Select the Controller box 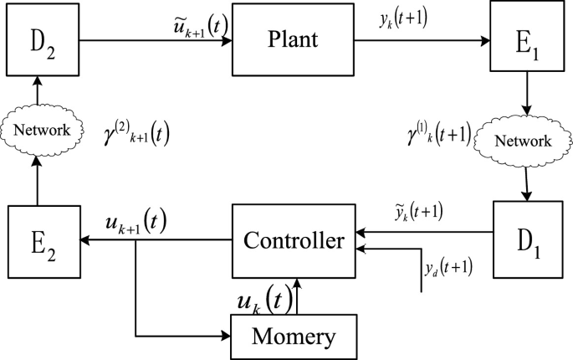tap(294, 241)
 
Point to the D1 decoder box tap(527, 241)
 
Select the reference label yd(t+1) tap(448, 268)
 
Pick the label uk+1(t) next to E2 tap(136, 222)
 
